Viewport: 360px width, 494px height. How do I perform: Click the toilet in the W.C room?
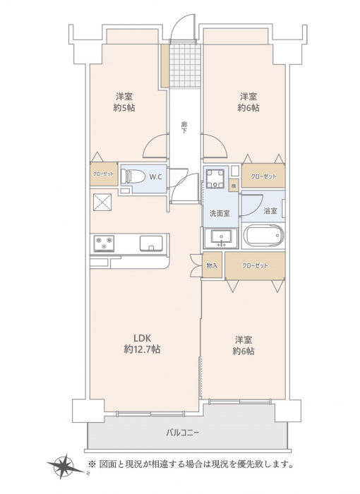[133, 176]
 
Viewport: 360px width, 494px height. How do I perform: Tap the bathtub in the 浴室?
[263, 236]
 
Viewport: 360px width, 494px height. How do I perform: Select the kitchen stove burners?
[104, 243]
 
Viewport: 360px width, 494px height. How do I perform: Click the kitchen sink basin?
[151, 243]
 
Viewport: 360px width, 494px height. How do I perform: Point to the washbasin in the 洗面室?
[220, 239]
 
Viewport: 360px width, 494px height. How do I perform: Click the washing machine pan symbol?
[215, 179]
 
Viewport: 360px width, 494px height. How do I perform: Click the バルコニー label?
[183, 432]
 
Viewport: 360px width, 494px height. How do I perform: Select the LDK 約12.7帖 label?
[143, 344]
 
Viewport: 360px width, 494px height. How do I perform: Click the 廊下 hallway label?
[184, 128]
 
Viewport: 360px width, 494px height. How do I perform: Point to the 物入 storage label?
[212, 265]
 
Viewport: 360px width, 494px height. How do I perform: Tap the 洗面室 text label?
[220, 214]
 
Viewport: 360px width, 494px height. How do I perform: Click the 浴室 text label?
[270, 211]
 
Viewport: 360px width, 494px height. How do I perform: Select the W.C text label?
[155, 176]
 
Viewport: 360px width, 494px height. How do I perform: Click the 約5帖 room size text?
[124, 107]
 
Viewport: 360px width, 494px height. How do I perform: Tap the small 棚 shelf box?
[233, 185]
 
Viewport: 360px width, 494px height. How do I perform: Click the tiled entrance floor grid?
[185, 65]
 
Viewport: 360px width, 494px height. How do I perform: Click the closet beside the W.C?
[104, 174]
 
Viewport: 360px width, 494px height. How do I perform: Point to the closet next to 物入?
[255, 265]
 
